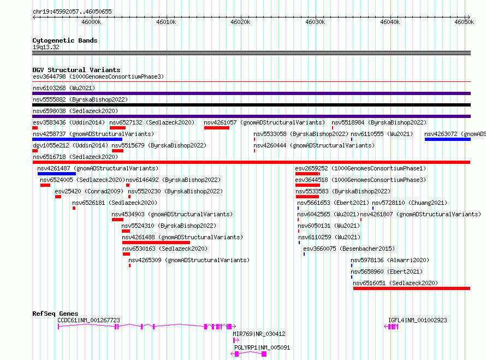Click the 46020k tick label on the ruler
[240, 22]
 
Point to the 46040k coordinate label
[389, 22]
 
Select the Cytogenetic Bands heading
[65, 40]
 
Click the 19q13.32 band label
[46, 47]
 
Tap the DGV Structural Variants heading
[76, 70]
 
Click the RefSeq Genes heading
[55, 314]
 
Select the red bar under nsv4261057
[217, 128]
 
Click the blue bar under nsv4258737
[77, 139]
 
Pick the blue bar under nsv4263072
[448, 139]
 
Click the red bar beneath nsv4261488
[156, 243]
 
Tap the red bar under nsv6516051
[412, 288]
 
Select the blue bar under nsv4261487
[57, 174]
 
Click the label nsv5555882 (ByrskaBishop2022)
[80, 99]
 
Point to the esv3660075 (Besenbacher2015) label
[349, 249]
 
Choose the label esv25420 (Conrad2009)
[89, 191]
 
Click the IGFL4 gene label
[418, 320]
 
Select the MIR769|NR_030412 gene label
[259, 334]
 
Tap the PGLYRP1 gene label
[262, 347]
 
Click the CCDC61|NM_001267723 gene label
[88, 320]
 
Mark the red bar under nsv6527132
[117, 128]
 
